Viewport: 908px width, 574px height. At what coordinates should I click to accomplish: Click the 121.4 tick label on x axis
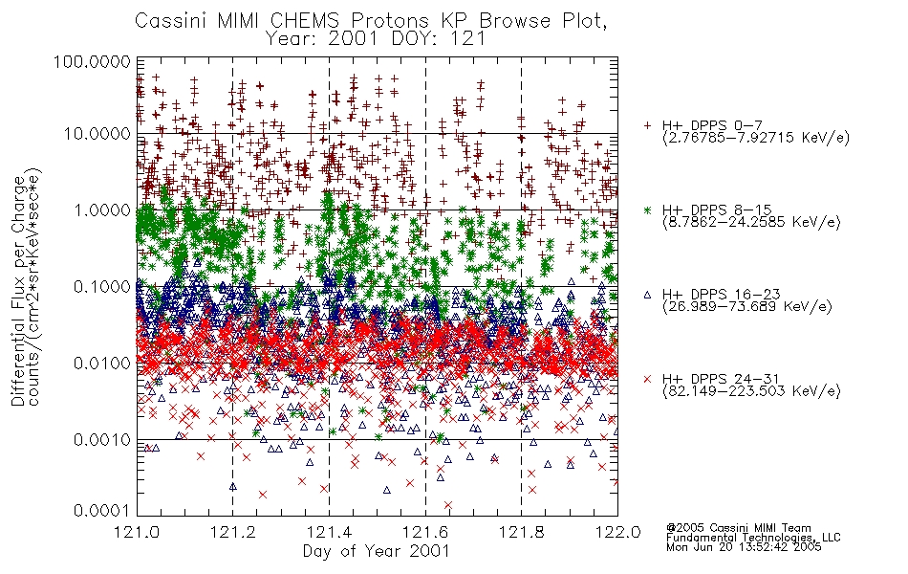(x=329, y=532)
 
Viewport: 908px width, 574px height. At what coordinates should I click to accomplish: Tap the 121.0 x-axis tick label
(x=137, y=532)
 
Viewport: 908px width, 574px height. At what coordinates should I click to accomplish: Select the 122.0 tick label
(x=617, y=532)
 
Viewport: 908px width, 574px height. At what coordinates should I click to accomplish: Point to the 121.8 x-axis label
(x=522, y=532)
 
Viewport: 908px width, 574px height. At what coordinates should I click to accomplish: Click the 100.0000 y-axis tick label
(x=92, y=61)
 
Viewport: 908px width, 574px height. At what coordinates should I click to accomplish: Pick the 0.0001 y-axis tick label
(x=102, y=511)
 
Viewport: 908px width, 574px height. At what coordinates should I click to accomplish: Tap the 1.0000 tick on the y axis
(x=102, y=210)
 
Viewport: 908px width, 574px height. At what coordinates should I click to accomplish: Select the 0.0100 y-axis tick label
(x=102, y=364)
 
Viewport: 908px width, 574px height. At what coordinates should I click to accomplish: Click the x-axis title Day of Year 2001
(x=377, y=551)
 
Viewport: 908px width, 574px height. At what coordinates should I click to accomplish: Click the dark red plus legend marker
(x=647, y=125)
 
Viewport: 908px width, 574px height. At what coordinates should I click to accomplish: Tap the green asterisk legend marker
(x=647, y=210)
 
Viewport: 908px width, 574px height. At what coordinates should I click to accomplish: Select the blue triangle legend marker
(x=647, y=295)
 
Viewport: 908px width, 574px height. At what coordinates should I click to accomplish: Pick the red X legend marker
(x=647, y=379)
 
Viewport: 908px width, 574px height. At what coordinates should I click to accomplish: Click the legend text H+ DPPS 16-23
(x=722, y=295)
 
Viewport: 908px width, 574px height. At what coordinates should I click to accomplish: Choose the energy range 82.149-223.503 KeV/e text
(x=751, y=391)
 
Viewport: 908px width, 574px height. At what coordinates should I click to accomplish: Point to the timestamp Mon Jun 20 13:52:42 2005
(x=745, y=547)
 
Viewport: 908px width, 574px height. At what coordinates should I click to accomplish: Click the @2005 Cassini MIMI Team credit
(x=739, y=528)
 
